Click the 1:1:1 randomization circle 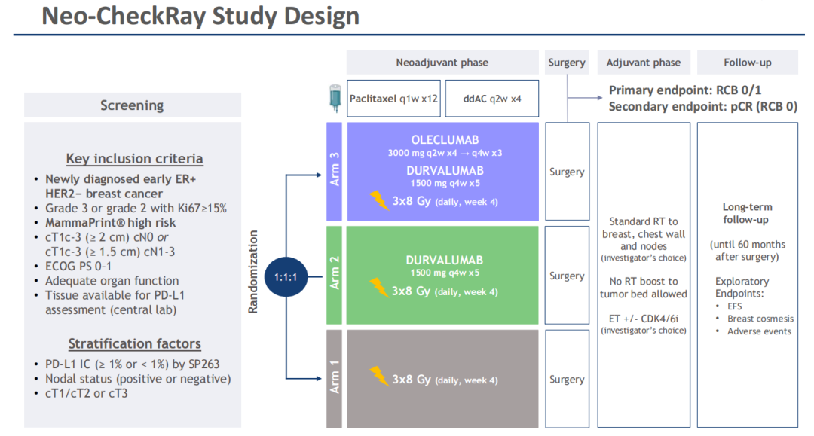pos(287,277)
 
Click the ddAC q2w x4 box pos(491,98)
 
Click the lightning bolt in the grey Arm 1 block pos(379,376)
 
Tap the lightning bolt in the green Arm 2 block pos(379,288)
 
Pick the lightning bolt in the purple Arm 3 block pos(379,200)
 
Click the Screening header pos(132,105)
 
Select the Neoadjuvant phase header pos(442,63)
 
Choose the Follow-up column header pos(747,63)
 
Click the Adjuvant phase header pos(643,63)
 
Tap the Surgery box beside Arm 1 pos(567,380)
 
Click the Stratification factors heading pos(135,344)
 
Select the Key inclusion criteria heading pos(134,159)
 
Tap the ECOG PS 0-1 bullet pos(78,266)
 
